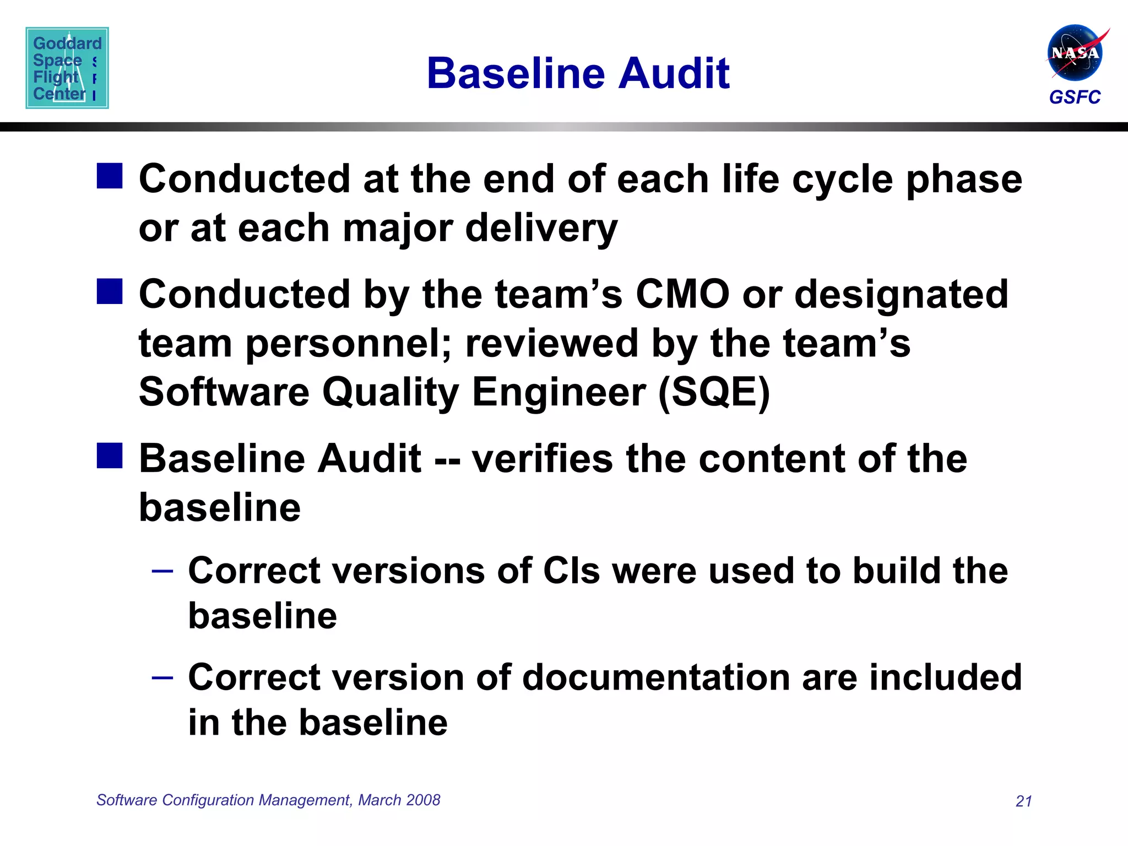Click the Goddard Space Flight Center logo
[67, 68]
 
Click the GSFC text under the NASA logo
[1075, 97]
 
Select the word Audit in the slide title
[674, 73]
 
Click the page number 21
[1023, 801]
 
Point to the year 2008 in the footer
[424, 800]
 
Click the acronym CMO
[682, 294]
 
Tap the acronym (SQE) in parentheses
[714, 392]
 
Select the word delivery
[541, 228]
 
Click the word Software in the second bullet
[224, 392]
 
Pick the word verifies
[542, 459]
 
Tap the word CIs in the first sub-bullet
[571, 571]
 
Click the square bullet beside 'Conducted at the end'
[110, 176]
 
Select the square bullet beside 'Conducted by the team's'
[110, 291]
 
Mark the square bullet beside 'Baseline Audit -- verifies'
[110, 456]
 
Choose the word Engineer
[558, 392]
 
